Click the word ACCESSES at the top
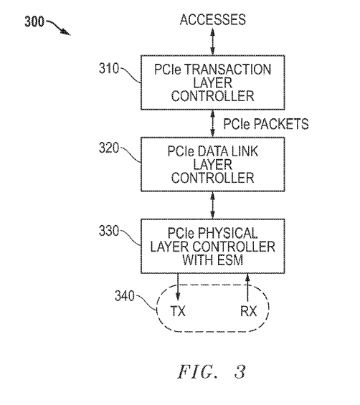[213, 20]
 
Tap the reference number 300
[34, 22]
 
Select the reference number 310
[109, 69]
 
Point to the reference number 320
[109, 148]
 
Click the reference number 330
[109, 231]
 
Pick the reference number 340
[125, 296]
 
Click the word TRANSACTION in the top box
[227, 70]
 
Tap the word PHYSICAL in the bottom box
[227, 233]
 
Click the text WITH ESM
[213, 259]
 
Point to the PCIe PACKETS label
[265, 124]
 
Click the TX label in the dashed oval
[178, 310]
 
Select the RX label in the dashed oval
[249, 310]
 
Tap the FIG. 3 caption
[212, 372]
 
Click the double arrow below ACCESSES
[212, 42]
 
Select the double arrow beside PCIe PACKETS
[212, 123]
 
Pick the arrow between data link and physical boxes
[212, 205]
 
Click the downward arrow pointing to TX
[178, 287]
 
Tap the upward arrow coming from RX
[247, 287]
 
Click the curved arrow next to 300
[57, 27]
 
